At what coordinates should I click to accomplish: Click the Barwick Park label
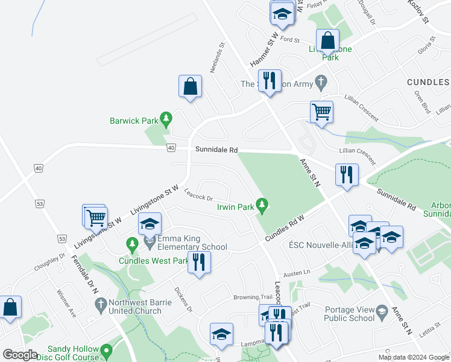coord(133,121)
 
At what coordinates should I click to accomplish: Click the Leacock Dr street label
coord(198,197)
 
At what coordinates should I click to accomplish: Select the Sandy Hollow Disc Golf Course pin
coord(107,350)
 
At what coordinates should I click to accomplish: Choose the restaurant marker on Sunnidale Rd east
coord(346,174)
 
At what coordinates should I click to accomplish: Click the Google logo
coord(20,355)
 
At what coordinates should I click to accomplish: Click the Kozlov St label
coord(417,11)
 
